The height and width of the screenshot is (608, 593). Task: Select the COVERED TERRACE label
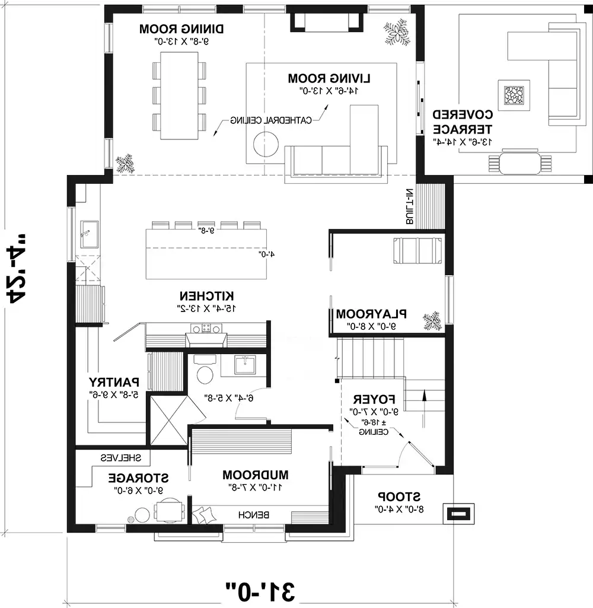tap(462, 122)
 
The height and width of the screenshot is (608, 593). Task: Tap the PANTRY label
tap(114, 381)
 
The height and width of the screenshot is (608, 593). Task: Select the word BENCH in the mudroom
tap(254, 515)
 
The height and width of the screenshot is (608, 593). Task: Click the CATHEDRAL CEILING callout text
tap(271, 120)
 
